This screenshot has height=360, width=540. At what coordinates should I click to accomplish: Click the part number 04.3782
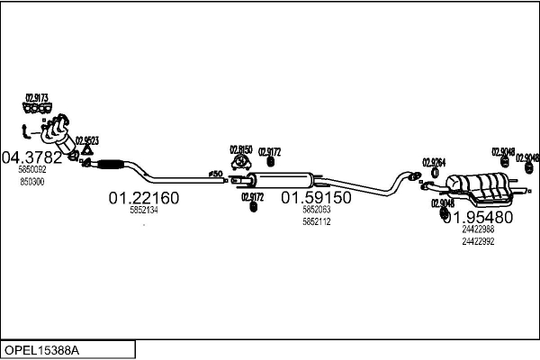[x=31, y=157]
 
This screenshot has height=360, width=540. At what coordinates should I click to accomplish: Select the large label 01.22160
[x=144, y=197]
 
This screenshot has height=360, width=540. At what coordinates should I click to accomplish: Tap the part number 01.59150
[x=316, y=197]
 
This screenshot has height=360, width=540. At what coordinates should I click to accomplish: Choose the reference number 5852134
[x=144, y=210]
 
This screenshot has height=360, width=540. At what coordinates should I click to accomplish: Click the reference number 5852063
[x=316, y=210]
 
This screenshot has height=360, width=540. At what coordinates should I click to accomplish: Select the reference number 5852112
[x=316, y=221]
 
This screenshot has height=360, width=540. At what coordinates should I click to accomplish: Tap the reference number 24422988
[x=478, y=229]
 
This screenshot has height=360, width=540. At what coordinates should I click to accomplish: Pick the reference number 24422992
[x=478, y=241]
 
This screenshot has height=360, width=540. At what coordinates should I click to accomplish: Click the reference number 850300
[x=31, y=181]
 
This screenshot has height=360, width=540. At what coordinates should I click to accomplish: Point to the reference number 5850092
[x=31, y=169]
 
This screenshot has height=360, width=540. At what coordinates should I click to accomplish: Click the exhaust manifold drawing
[x=56, y=133]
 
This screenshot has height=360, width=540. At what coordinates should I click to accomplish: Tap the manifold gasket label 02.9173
[x=37, y=97]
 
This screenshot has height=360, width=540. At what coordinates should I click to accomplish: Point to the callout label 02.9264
[x=435, y=162]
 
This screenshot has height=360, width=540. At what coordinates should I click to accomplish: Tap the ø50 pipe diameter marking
[x=215, y=172]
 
